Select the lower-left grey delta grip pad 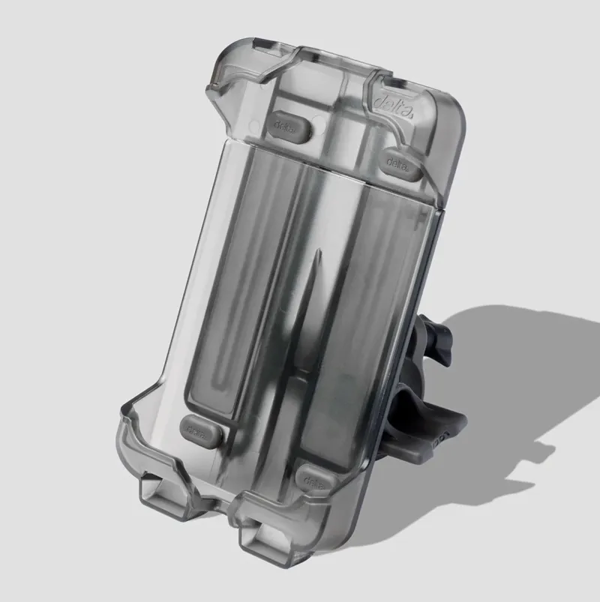[x=202, y=430]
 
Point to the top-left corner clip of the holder [x=225, y=75]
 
